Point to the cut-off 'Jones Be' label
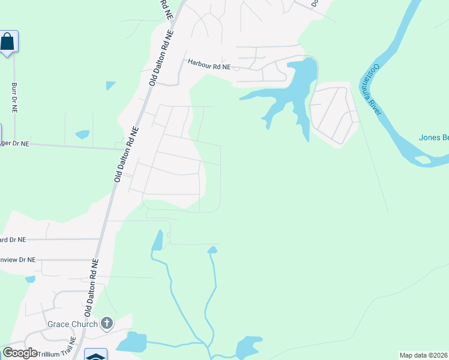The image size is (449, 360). click(433, 138)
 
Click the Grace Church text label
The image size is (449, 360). click(72, 325)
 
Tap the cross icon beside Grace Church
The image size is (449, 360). click(106, 324)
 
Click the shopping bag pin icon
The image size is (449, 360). click(7, 41)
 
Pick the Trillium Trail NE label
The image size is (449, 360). click(57, 354)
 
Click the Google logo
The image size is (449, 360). click(20, 353)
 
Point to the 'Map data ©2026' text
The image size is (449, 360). click(423, 355)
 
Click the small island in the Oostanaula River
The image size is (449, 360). click(423, 160)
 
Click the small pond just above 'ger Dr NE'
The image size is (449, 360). click(82, 134)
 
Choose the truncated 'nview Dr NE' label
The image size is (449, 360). click(18, 260)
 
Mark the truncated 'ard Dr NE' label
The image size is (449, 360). click(13, 239)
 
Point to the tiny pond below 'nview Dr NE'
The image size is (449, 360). click(30, 279)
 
